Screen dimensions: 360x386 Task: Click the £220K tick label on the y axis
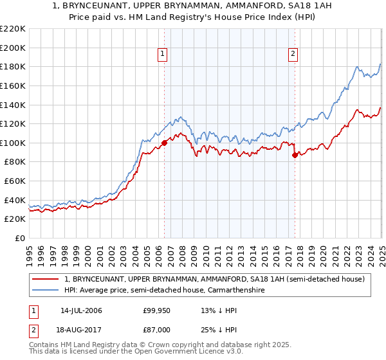pyautogui.click(x=13, y=29)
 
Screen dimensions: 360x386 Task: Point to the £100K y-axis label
pyautogui.click(x=13, y=143)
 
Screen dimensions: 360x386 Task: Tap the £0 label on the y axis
pyautogui.click(x=19, y=238)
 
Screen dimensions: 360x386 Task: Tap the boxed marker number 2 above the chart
pyautogui.click(x=293, y=55)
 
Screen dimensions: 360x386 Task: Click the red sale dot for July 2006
pyautogui.click(x=164, y=143)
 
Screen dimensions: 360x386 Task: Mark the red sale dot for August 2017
pyautogui.click(x=295, y=155)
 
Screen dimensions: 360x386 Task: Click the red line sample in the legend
pyautogui.click(x=46, y=279)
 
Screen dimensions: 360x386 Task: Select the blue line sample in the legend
pyautogui.click(x=46, y=291)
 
